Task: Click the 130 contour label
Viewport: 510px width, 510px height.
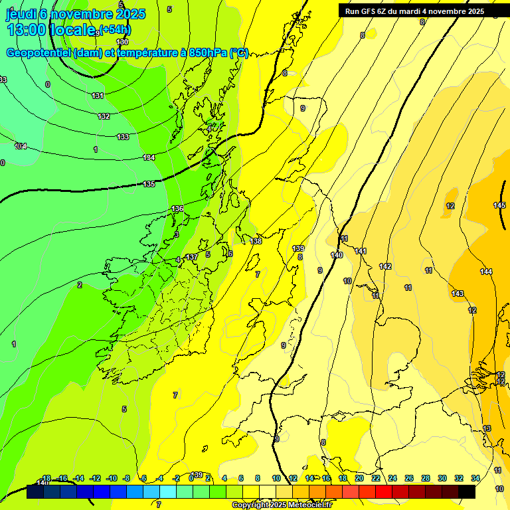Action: [x=122, y=42]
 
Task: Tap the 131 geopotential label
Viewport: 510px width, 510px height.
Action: [x=98, y=96]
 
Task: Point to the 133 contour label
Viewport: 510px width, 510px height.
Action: [x=123, y=137]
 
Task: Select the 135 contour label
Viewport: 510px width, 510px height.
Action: [x=149, y=184]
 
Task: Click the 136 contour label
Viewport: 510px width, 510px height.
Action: [x=177, y=209]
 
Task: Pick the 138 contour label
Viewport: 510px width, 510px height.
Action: [x=256, y=241]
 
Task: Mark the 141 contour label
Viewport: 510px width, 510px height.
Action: [x=361, y=251]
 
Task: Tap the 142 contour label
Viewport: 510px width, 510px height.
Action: [x=385, y=266]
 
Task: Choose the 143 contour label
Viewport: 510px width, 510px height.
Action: [x=458, y=294]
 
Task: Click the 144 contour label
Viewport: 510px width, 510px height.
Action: [x=486, y=272]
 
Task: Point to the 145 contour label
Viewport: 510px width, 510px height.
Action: [x=499, y=205]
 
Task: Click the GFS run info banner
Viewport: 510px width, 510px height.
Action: [x=414, y=11]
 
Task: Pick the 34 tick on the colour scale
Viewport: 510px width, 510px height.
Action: [x=475, y=478]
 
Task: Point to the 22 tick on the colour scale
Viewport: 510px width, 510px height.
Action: [x=376, y=478]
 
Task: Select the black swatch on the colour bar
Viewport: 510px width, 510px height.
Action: [x=466, y=491]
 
